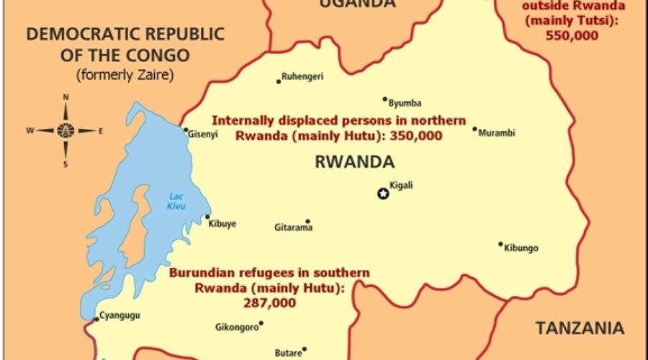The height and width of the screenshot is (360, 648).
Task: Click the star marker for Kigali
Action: (x=383, y=193)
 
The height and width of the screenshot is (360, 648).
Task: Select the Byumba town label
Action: (x=405, y=103)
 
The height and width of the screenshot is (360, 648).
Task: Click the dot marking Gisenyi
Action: (x=185, y=131)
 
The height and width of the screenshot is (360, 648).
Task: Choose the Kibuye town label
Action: (x=222, y=223)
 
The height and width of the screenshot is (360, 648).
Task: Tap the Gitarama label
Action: (x=293, y=228)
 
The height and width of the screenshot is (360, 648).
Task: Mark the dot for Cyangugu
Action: (x=96, y=319)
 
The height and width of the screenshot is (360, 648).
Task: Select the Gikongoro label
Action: (x=235, y=327)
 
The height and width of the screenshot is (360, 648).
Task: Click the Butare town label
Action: (x=287, y=353)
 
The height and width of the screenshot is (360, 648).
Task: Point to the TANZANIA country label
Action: (x=580, y=328)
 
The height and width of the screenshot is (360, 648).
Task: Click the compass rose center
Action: (x=66, y=130)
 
